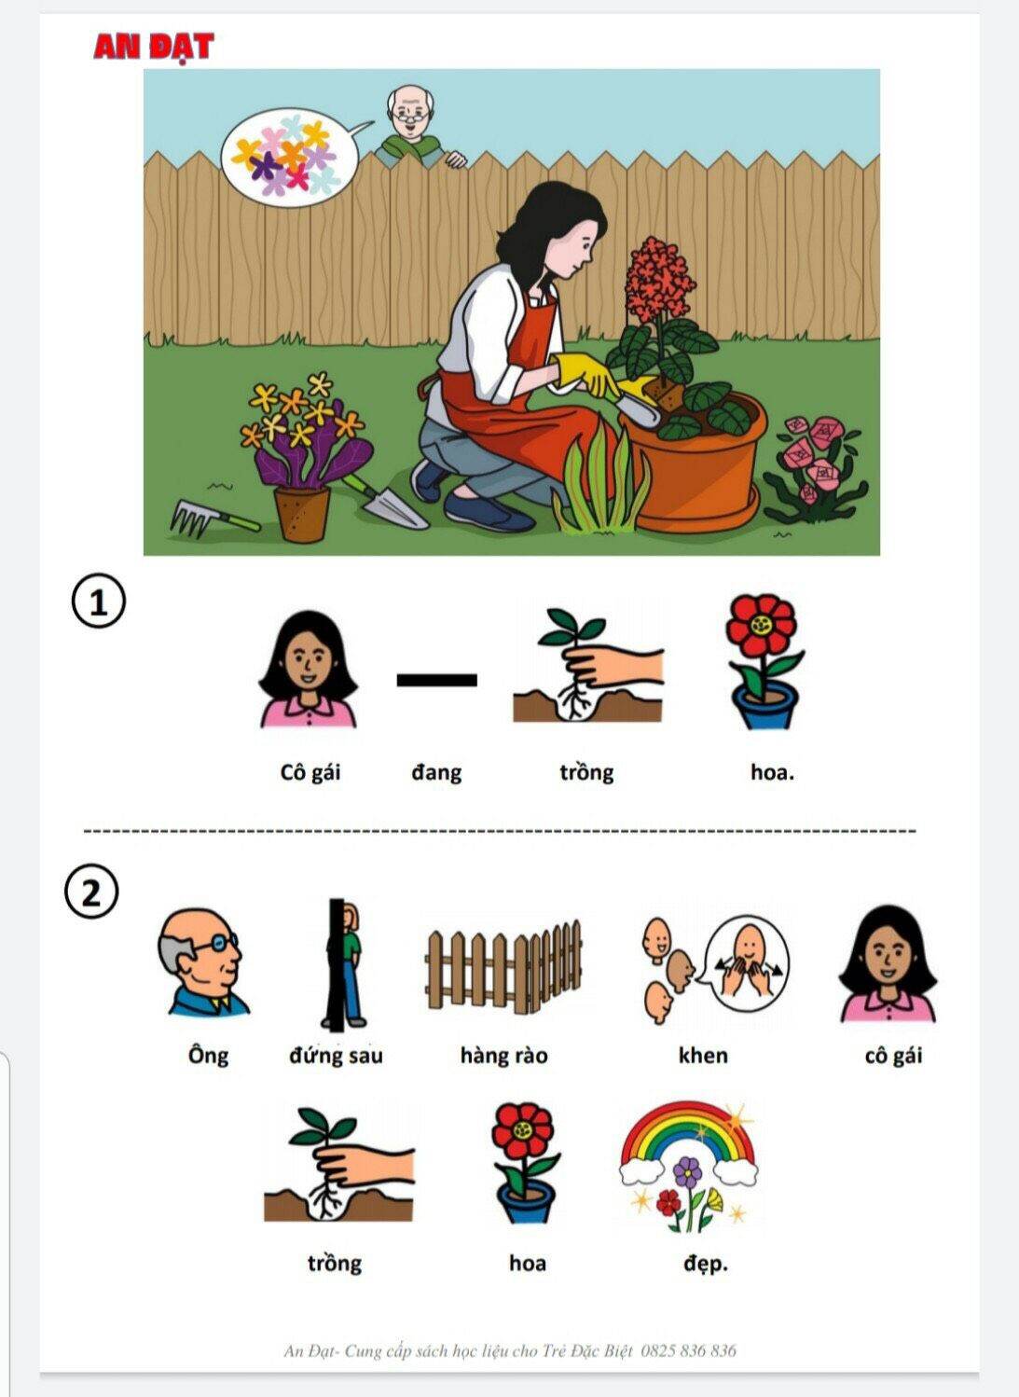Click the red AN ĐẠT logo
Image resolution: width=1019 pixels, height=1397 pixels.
pyautogui.click(x=154, y=48)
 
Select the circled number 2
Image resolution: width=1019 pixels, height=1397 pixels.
pyautogui.click(x=91, y=895)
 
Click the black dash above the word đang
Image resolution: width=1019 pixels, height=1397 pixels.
pyautogui.click(x=436, y=680)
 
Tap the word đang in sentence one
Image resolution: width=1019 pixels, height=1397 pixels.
pyautogui.click(x=436, y=773)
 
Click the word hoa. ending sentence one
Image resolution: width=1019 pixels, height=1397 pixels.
pyautogui.click(x=773, y=773)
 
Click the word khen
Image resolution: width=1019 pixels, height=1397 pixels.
pyautogui.click(x=703, y=1056)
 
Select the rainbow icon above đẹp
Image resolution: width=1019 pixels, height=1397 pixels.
pyautogui.click(x=688, y=1167)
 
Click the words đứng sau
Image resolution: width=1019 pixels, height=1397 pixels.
pyautogui.click(x=336, y=1056)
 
